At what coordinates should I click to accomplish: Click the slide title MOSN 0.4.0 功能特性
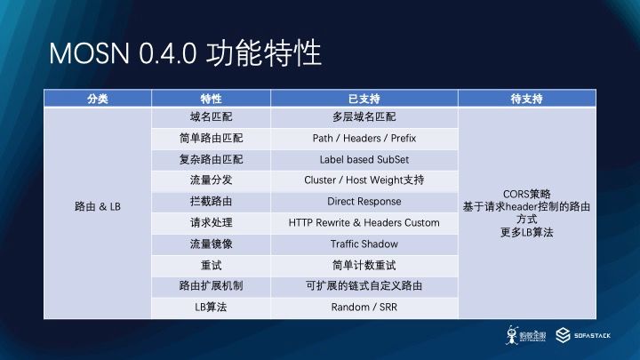185,53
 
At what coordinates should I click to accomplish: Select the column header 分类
98,99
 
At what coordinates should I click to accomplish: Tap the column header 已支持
364,99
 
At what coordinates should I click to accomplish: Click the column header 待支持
526,99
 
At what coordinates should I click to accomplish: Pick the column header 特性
211,99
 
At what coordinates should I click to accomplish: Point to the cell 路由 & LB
98,206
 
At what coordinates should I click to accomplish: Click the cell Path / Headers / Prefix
364,139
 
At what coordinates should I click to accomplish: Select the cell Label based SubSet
364,160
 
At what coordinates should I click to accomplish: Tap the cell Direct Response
364,201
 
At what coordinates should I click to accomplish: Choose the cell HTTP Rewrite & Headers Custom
364,223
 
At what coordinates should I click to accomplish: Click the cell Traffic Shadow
364,244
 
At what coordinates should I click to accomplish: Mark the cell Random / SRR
364,307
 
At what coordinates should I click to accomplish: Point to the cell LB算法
211,307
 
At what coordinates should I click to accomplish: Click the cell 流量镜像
211,244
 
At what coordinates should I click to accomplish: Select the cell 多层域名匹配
364,117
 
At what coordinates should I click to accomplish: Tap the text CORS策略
526,194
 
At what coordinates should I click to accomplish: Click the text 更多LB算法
526,233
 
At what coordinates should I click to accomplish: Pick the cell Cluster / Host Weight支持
364,180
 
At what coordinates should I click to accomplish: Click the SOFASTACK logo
583,335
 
